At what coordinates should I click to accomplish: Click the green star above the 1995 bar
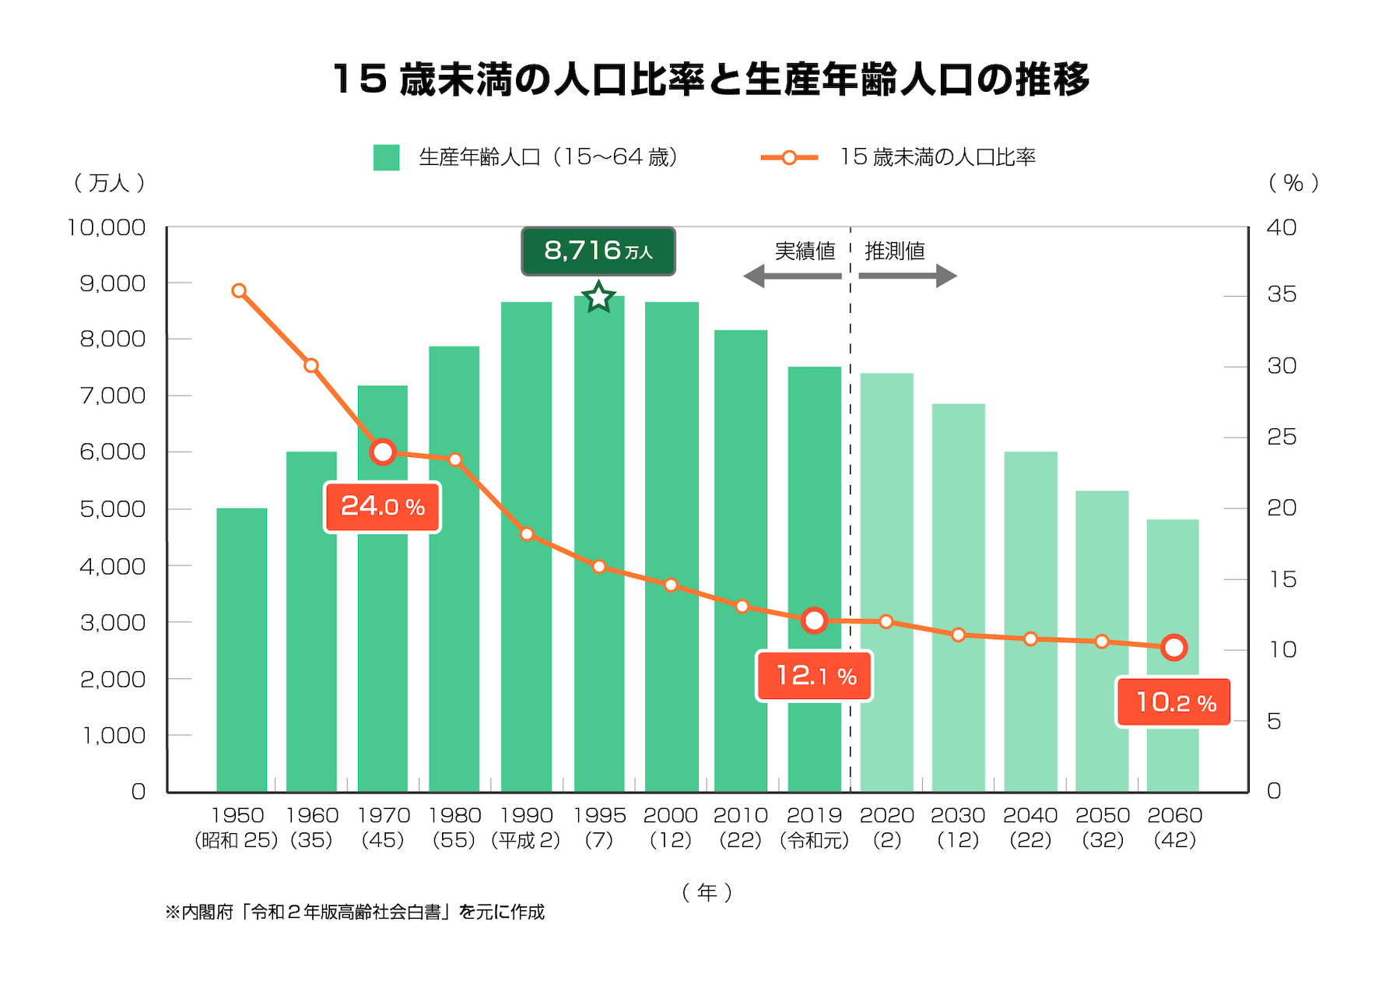[598, 297]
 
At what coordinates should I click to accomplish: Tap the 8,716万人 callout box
[598, 251]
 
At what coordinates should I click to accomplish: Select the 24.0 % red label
[382, 507]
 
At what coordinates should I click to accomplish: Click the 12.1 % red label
[815, 676]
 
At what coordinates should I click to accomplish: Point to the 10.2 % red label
[1174, 702]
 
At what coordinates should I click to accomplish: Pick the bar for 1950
[241, 650]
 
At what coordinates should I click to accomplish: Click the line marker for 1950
[239, 291]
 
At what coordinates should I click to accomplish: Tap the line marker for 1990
[527, 534]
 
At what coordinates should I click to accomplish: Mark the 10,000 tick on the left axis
[107, 227]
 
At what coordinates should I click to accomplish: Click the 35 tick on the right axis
[1282, 294]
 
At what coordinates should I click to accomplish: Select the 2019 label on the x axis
[814, 816]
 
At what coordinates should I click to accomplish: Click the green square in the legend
[386, 157]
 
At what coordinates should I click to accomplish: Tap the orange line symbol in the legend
[789, 157]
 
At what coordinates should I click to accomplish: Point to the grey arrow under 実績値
[792, 276]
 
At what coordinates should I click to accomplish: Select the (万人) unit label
[109, 183]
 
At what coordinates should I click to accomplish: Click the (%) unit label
[1293, 183]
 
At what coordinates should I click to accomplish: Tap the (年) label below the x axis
[707, 892]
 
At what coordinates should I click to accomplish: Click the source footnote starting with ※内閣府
[355, 912]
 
